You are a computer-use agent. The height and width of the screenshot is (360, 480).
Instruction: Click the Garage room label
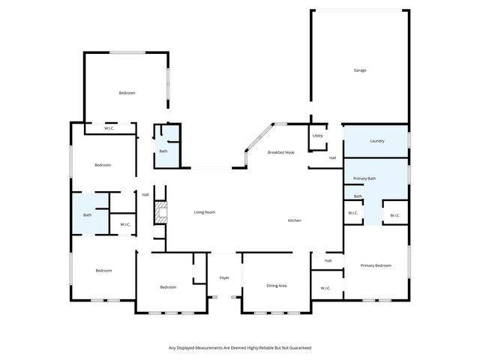coord(360,70)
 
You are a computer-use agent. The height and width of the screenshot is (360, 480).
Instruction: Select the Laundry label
coord(376,141)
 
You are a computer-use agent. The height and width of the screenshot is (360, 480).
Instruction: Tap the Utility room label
coord(317,136)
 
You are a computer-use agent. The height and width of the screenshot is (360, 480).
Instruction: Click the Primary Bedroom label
coord(375,265)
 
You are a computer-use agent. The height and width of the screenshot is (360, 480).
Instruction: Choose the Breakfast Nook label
coord(281,152)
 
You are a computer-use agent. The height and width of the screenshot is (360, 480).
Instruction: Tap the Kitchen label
coord(295,220)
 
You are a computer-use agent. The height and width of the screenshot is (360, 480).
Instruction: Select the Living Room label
coord(205,212)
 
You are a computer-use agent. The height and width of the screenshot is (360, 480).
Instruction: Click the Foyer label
coord(224,278)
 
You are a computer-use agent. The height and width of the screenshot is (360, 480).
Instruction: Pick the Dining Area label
coord(277,286)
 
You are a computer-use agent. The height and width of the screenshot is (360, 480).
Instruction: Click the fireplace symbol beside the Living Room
coord(159,214)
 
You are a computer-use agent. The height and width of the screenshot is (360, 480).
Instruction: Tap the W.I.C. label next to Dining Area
coord(325,288)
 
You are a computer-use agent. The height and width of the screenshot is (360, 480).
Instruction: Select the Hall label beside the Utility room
coord(332,157)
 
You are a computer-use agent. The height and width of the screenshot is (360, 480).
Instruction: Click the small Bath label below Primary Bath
coord(358,196)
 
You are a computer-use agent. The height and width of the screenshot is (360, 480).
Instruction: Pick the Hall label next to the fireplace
coord(145,195)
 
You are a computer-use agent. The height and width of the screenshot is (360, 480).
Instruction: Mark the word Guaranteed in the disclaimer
coord(297,348)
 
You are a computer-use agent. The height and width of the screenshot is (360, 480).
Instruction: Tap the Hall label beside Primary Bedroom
coord(328,260)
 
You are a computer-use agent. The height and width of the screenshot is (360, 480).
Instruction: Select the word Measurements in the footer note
coord(205,348)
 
